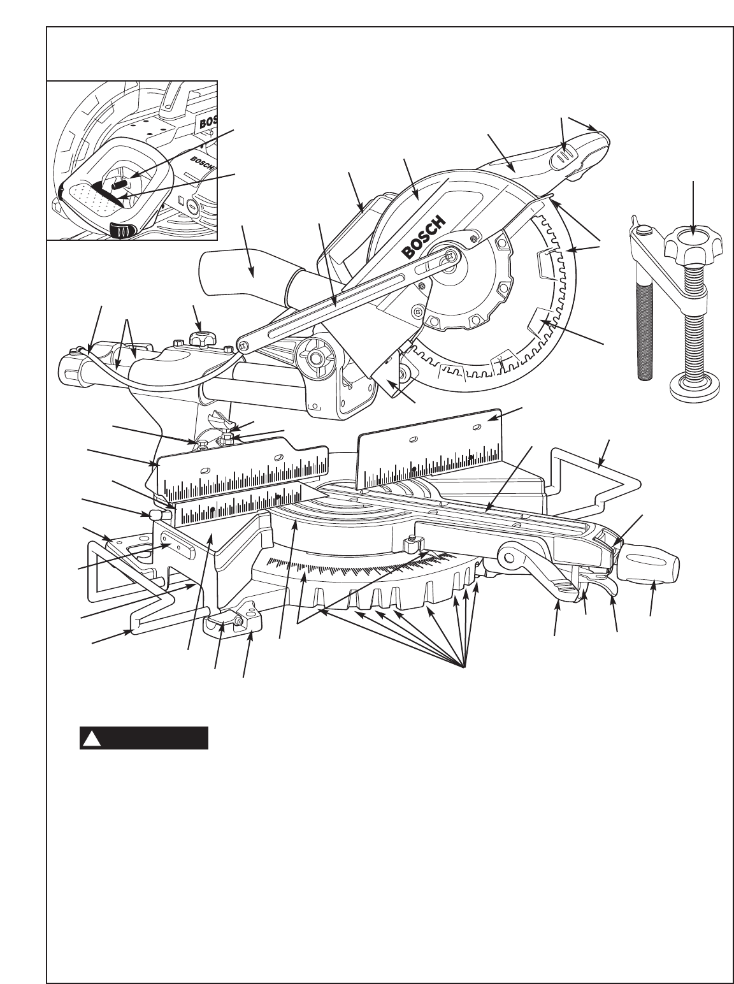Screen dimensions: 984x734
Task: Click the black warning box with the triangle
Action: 144,738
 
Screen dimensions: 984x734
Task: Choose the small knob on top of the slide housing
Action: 201,337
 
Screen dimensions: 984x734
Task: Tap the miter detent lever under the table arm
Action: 561,587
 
